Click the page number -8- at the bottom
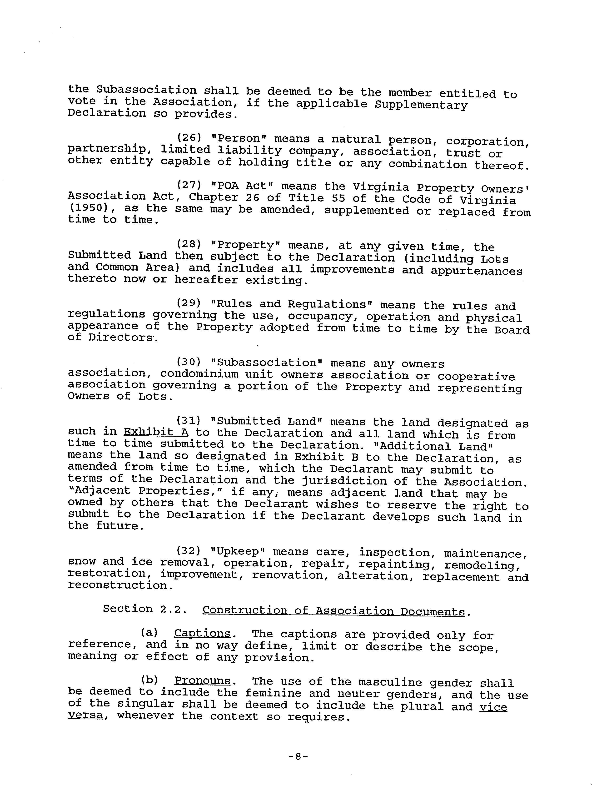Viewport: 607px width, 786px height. point(298,757)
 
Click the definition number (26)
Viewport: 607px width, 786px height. point(189,137)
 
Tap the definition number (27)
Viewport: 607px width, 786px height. point(189,185)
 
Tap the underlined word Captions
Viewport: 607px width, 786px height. point(202,633)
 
